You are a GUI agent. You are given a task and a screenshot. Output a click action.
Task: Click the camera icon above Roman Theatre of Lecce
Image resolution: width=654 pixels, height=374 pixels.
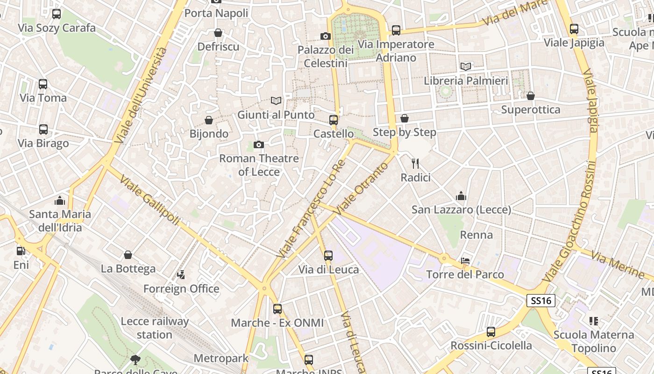(x=258, y=145)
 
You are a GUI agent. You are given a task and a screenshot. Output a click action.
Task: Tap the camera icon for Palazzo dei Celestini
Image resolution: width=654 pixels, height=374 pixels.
(x=326, y=36)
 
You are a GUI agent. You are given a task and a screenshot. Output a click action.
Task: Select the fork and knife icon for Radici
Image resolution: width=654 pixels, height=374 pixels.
(x=415, y=164)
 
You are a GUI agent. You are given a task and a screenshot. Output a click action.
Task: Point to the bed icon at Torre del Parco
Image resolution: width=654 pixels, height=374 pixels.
(x=465, y=261)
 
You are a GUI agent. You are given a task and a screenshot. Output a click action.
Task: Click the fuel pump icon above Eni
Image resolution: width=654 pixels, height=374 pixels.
(x=21, y=251)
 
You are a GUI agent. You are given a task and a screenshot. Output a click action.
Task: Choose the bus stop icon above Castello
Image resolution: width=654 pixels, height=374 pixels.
(x=333, y=120)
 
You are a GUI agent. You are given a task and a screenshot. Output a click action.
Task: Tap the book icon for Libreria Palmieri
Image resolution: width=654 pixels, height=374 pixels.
(x=465, y=67)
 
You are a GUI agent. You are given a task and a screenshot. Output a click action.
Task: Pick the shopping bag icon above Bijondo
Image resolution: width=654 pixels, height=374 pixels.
(x=209, y=120)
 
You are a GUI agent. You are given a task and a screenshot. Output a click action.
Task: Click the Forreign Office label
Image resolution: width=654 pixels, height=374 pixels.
(x=181, y=288)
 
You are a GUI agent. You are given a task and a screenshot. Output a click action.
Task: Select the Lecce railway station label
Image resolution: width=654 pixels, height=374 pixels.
(x=155, y=328)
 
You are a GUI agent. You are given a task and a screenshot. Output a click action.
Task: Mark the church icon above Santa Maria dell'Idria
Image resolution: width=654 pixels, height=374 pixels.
(x=60, y=201)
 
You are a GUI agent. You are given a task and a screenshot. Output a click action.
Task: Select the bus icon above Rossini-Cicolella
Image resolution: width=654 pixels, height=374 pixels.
(x=490, y=332)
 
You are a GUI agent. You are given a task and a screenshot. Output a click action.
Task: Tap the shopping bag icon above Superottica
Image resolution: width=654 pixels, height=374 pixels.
(x=530, y=96)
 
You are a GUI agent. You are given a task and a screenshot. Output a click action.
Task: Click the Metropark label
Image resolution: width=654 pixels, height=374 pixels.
(x=220, y=359)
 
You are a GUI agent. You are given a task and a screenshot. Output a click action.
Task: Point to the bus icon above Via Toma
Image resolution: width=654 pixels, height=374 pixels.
(x=43, y=84)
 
